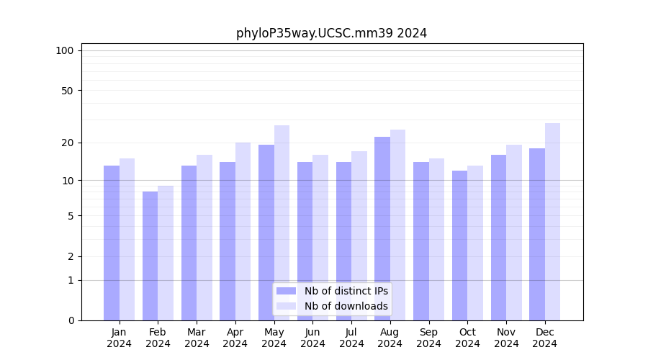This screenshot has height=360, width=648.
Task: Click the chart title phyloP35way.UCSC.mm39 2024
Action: pyautogui.click(x=331, y=33)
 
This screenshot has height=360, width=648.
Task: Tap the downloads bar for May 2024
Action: pyautogui.click(x=282, y=222)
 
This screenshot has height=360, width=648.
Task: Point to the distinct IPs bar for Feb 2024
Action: pyautogui.click(x=150, y=256)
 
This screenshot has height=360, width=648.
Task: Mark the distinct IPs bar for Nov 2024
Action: pyautogui.click(x=498, y=238)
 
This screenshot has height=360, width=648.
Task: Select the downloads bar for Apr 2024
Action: pyautogui.click(x=243, y=231)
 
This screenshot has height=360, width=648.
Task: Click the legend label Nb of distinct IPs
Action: pyautogui.click(x=346, y=291)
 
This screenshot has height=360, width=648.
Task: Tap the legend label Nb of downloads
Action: pyautogui.click(x=346, y=306)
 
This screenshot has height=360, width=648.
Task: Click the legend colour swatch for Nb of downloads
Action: pyautogui.click(x=286, y=306)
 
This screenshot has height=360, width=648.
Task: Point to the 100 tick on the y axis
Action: pyautogui.click(x=65, y=50)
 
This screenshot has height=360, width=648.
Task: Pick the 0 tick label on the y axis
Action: pyautogui.click(x=71, y=320)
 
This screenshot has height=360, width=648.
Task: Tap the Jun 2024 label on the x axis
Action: pyautogui.click(x=312, y=338)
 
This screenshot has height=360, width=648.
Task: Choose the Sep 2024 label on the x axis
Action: pyautogui.click(x=428, y=338)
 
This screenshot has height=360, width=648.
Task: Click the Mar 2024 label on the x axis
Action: pyautogui.click(x=197, y=338)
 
